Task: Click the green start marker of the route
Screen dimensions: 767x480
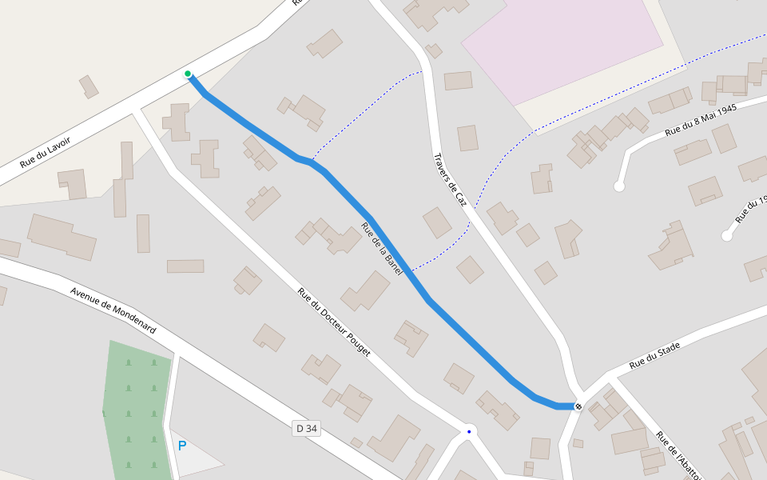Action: click(188, 74)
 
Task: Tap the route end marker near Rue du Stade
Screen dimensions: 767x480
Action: click(578, 406)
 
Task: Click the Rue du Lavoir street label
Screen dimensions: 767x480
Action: click(46, 152)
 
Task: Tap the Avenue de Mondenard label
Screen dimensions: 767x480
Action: click(113, 310)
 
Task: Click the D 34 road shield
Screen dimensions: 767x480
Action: click(307, 429)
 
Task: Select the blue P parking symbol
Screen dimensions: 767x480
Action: click(182, 446)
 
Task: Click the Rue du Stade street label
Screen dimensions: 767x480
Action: click(654, 355)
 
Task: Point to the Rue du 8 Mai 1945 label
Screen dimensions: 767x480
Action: click(700, 120)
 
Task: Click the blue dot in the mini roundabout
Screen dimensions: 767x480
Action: click(469, 432)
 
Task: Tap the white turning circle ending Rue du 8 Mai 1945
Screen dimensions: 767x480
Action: click(618, 186)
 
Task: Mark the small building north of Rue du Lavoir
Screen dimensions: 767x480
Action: click(89, 86)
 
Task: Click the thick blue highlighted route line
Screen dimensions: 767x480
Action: click(463, 336)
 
